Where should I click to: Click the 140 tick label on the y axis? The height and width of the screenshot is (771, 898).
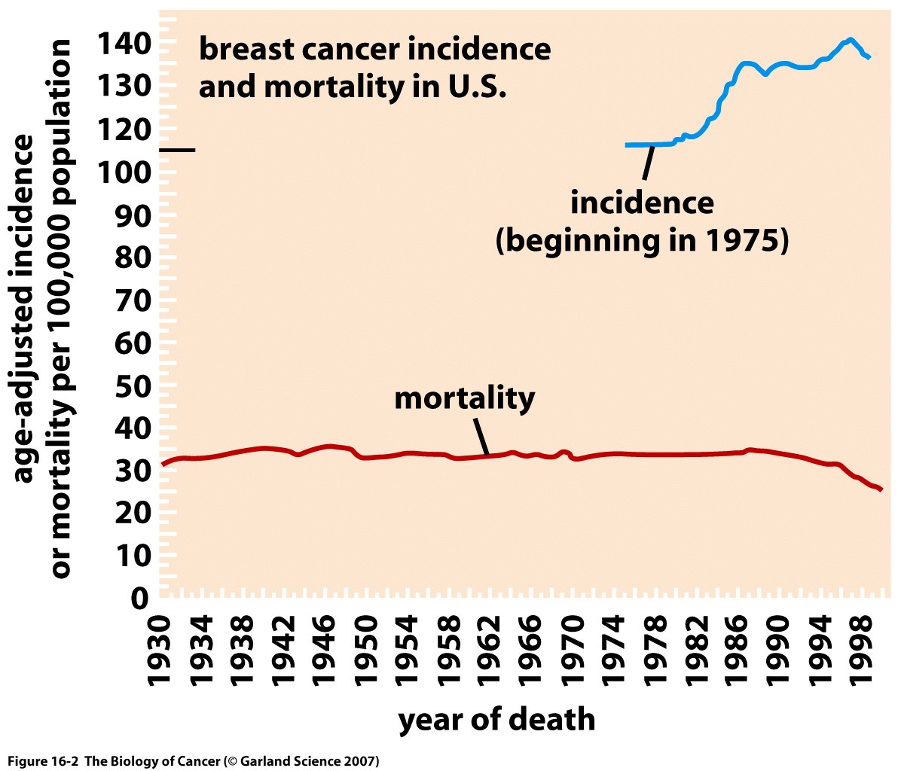(x=121, y=44)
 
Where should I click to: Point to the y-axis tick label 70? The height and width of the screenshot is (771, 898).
(x=133, y=300)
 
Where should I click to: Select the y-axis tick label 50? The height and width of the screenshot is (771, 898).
(x=133, y=385)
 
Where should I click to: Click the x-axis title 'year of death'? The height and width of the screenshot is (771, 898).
(x=496, y=719)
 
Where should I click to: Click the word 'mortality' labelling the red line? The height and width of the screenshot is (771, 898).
(x=464, y=398)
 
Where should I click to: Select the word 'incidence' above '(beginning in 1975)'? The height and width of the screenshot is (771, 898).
(x=642, y=203)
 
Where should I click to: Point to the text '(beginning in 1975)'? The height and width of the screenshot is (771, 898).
(x=642, y=241)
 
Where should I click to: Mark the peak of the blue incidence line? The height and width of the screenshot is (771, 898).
(x=850, y=39)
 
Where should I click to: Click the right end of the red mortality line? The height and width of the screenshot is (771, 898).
(x=881, y=489)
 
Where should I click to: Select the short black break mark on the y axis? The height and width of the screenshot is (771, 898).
(x=178, y=150)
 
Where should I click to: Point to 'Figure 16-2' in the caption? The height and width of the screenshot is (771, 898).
(x=43, y=760)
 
